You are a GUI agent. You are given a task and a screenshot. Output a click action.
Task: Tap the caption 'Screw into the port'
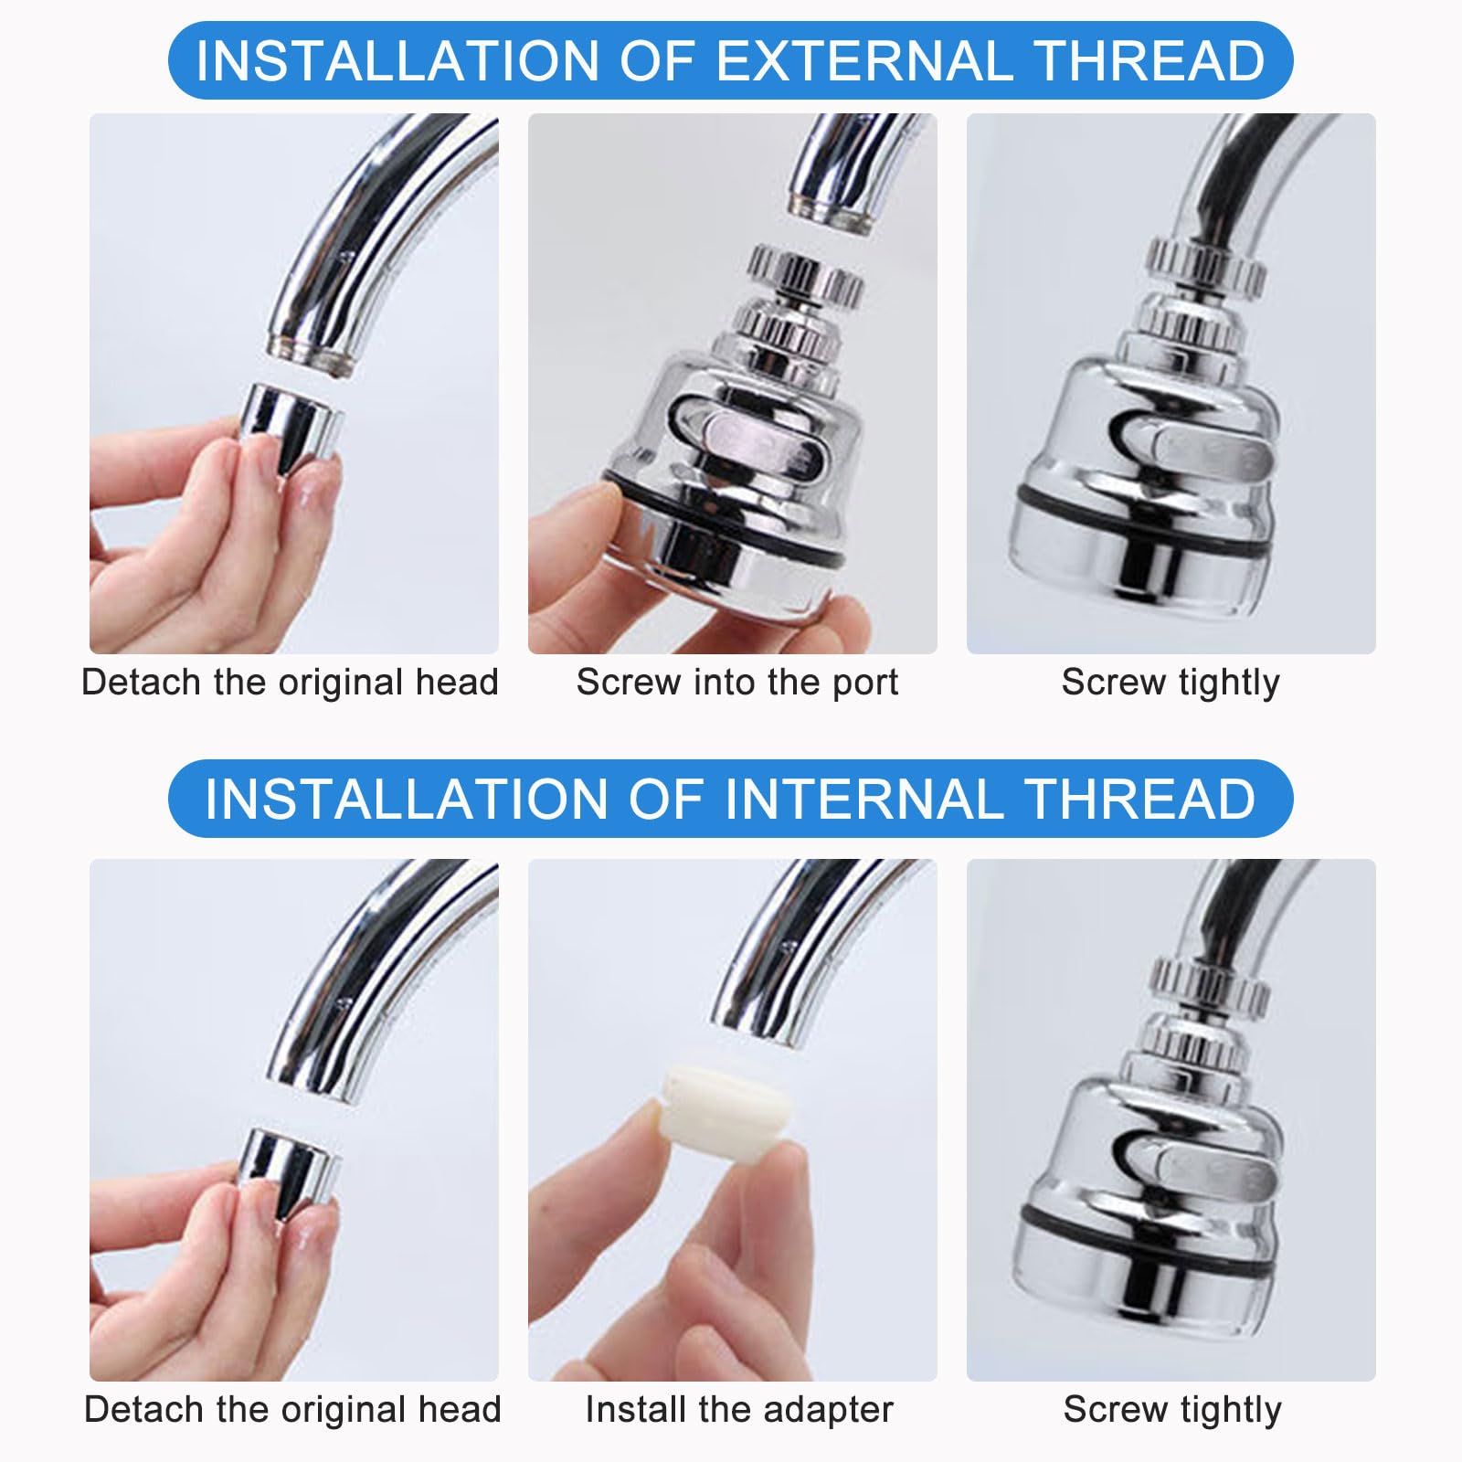point(737,683)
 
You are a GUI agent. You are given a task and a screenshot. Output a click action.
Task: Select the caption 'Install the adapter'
point(738,1409)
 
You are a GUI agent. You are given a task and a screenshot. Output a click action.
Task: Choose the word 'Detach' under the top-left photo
point(143,683)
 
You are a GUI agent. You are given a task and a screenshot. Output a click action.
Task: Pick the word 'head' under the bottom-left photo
point(461,1409)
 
